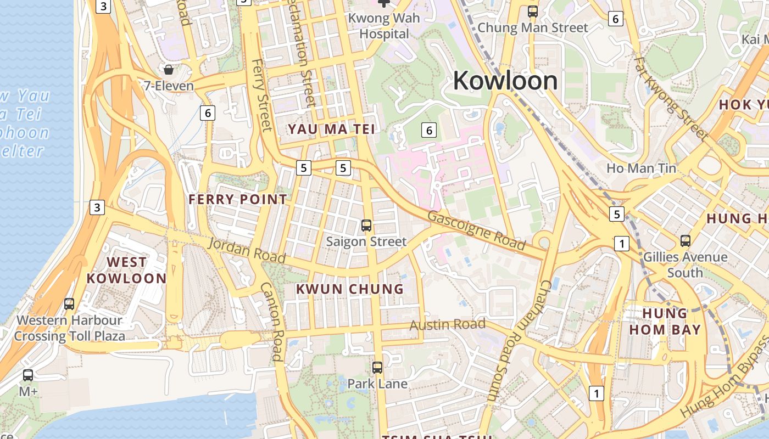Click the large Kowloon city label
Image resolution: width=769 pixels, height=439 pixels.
click(x=505, y=81)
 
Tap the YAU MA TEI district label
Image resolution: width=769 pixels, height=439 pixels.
click(x=332, y=130)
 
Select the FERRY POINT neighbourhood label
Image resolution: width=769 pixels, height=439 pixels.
click(x=238, y=199)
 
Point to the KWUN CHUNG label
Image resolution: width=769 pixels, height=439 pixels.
click(x=350, y=289)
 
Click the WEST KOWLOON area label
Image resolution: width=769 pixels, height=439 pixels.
click(x=126, y=270)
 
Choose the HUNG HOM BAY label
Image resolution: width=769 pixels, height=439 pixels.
click(x=665, y=321)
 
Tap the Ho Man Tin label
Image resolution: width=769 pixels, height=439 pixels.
click(x=641, y=168)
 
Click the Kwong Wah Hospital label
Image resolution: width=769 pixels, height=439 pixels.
click(x=384, y=26)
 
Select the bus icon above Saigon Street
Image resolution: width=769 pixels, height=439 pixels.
click(x=366, y=226)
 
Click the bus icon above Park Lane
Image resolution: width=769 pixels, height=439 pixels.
click(x=377, y=368)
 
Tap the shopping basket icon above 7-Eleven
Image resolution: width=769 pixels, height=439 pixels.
click(x=169, y=70)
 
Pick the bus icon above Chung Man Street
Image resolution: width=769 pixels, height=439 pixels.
click(x=532, y=11)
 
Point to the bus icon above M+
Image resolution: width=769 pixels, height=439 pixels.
click(x=28, y=375)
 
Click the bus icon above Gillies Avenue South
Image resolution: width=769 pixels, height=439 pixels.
click(x=685, y=240)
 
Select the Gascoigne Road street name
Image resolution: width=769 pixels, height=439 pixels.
click(x=476, y=229)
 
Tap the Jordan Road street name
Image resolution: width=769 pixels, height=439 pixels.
click(x=247, y=250)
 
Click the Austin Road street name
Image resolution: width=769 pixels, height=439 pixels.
click(x=447, y=324)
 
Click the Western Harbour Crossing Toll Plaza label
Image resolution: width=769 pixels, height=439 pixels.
click(x=69, y=328)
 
